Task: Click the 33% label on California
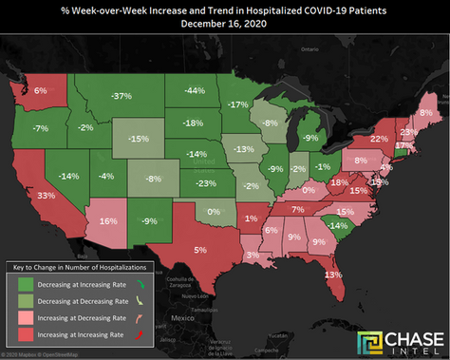pos(45,195)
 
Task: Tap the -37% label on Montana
pos(121,97)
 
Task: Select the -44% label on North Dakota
pos(196,90)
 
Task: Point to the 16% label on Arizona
pos(107,220)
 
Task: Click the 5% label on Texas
pos(200,249)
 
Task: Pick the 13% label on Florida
pos(332,275)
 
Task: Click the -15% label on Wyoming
pos(139,139)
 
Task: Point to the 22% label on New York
pos(379,139)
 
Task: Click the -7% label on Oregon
pos(40,127)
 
